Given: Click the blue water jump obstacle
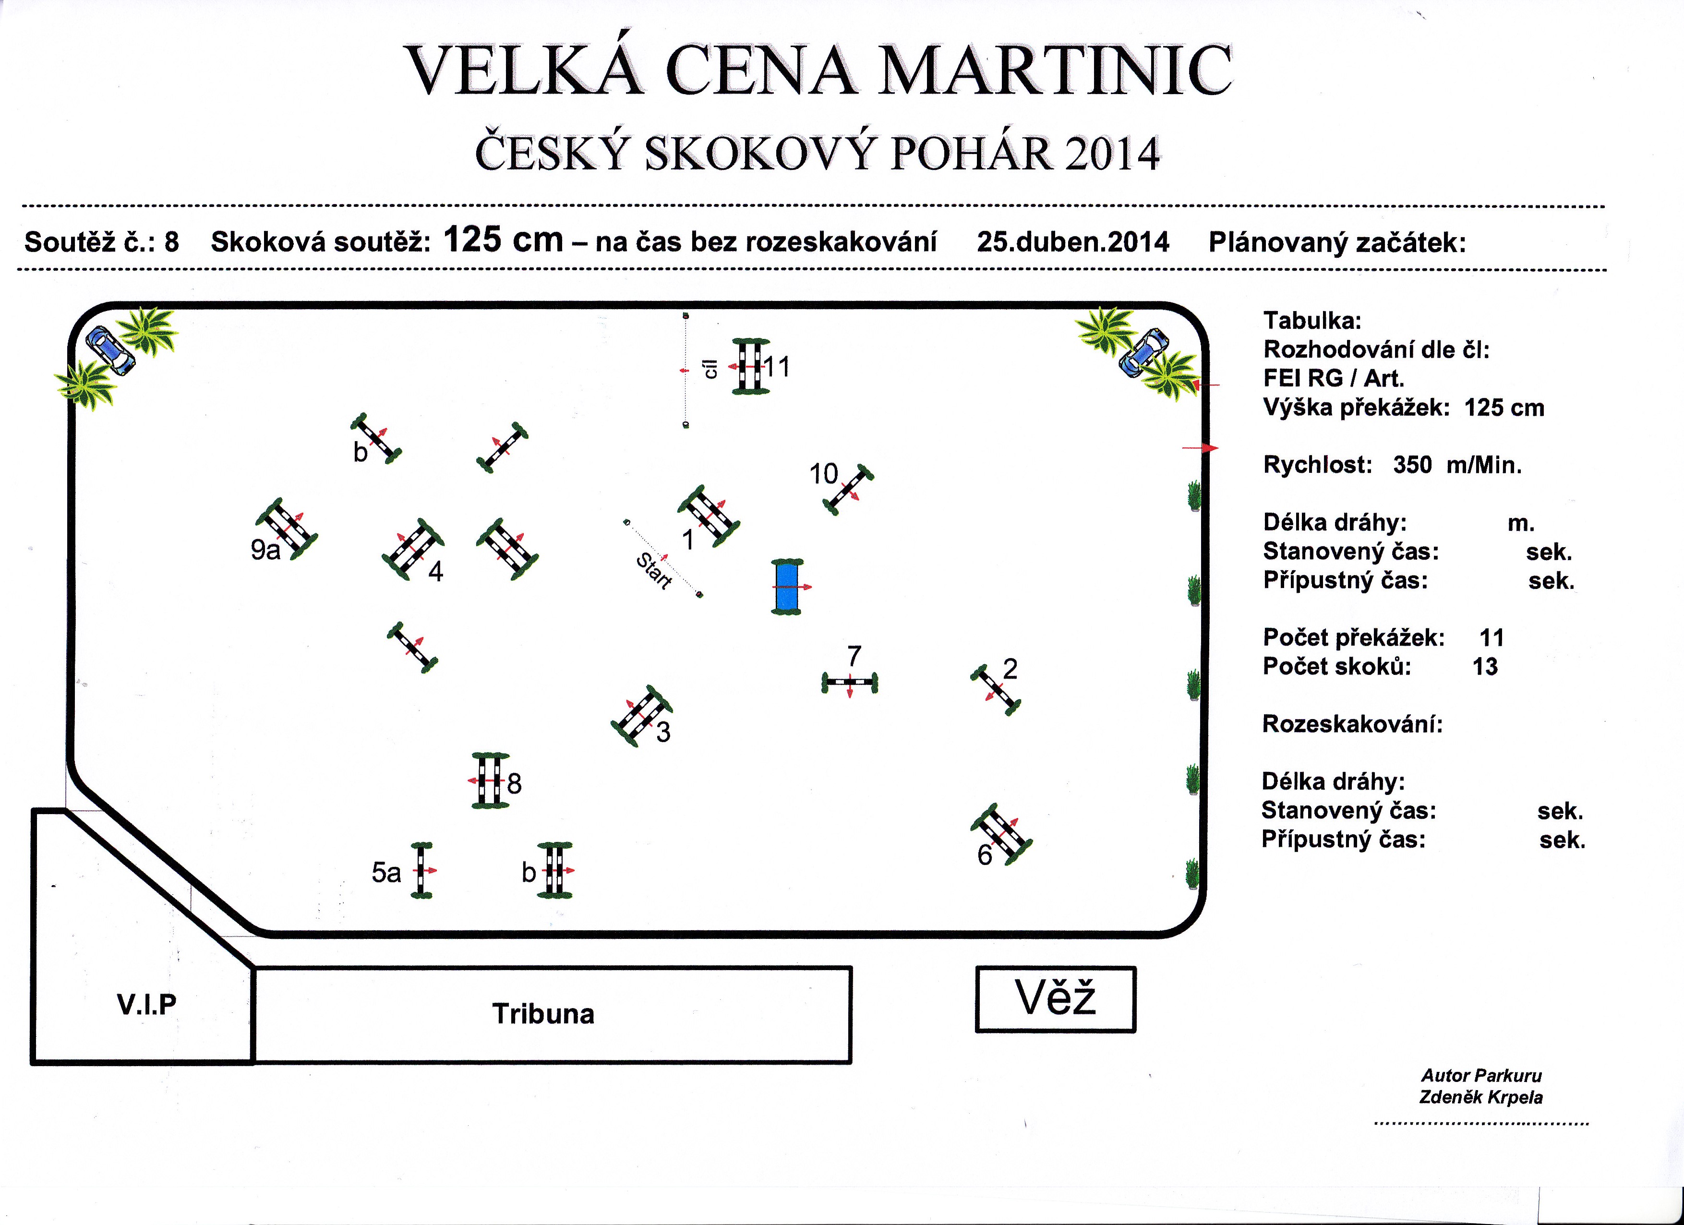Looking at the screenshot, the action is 788,587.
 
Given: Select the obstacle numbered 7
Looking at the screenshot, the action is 849,682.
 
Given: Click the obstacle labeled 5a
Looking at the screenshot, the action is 422,870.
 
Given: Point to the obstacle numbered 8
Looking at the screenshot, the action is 490,781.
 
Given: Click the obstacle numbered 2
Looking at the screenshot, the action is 995,690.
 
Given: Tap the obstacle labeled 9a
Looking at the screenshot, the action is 287,528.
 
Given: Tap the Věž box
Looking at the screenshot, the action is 1055,999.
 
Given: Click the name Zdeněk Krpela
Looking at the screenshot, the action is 1480,1097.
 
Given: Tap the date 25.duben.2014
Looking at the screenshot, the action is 1073,242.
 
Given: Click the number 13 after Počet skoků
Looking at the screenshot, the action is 1485,667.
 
